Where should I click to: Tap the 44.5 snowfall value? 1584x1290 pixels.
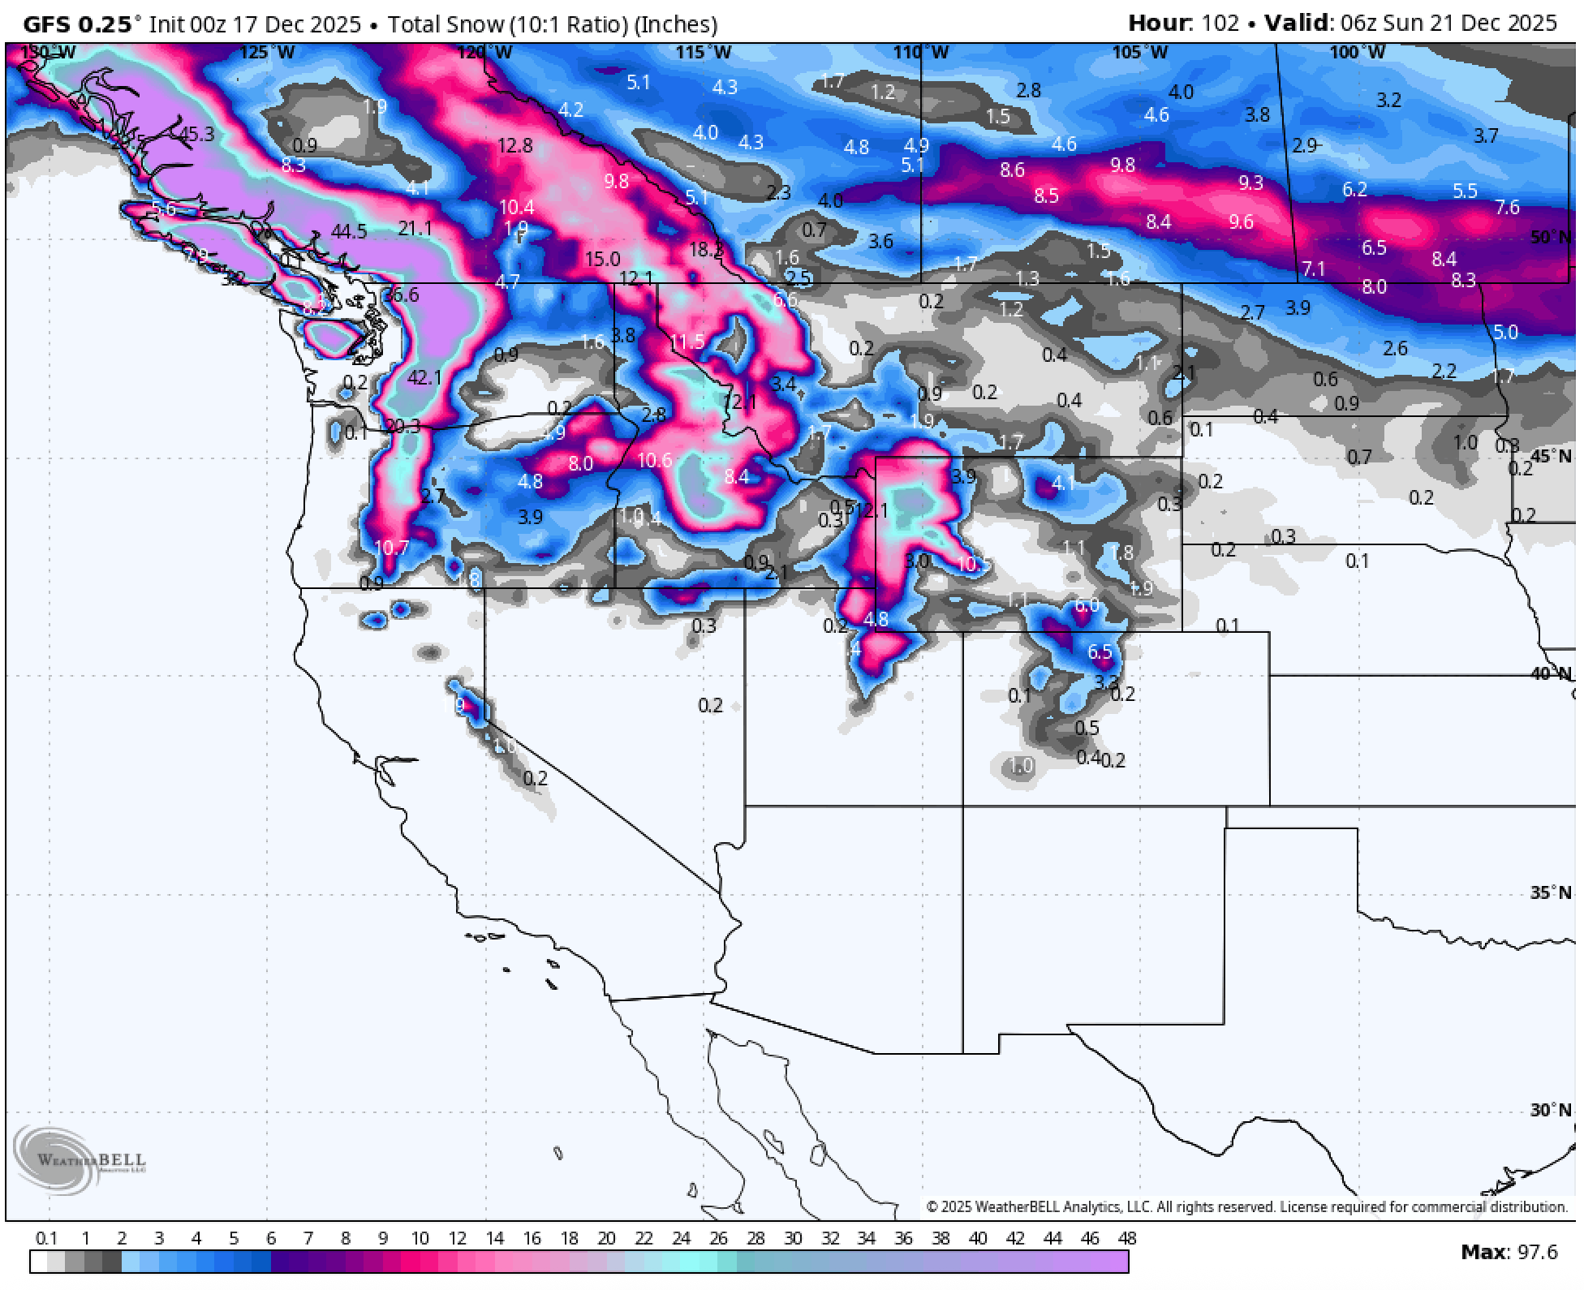349,232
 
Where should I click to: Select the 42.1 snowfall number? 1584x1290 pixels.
424,377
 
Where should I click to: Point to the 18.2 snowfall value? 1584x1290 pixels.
705,250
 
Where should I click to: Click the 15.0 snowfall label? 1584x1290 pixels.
602,260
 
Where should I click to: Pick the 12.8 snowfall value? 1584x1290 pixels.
515,146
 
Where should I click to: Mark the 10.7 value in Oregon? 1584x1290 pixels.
391,548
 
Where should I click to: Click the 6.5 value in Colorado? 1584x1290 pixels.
1100,652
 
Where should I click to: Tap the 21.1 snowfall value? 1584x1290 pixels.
415,229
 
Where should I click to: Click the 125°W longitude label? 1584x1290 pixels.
267,53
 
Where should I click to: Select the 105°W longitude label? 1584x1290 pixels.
1139,53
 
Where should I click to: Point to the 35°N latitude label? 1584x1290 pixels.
1550,892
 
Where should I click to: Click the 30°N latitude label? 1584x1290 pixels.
1550,1110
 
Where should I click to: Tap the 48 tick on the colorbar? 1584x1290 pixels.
1126,1238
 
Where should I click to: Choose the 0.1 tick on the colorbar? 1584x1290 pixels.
46,1238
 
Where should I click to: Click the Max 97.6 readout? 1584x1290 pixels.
1509,1253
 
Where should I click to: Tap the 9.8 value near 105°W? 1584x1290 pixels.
1122,166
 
